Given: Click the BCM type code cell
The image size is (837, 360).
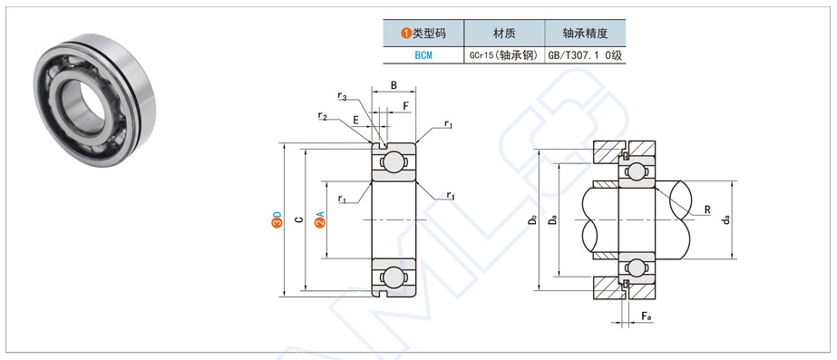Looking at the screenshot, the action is click(423, 55).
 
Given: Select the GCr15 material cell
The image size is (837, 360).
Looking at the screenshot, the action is click(504, 55).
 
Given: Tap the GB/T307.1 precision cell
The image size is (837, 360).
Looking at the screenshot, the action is click(585, 55).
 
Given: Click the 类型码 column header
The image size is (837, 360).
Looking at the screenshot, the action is click(423, 34).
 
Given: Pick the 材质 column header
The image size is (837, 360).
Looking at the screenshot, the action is click(504, 34).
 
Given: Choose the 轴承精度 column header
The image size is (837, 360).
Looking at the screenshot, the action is click(585, 34).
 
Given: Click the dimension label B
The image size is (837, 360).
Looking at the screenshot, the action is click(394, 85).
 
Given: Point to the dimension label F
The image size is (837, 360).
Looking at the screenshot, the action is click(405, 106).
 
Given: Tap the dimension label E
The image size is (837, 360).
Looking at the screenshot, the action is click(355, 121).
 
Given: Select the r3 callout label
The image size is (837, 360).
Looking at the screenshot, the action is click(342, 96).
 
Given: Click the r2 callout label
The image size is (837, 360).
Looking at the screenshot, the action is click(323, 115).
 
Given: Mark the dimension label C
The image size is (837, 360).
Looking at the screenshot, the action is click(299, 219).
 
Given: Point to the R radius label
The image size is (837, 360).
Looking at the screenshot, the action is click(707, 209).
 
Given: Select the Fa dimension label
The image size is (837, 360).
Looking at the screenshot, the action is click(646, 316).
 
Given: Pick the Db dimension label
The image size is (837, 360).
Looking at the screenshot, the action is click(532, 219).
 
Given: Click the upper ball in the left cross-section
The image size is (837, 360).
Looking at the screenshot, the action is click(394, 161).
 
